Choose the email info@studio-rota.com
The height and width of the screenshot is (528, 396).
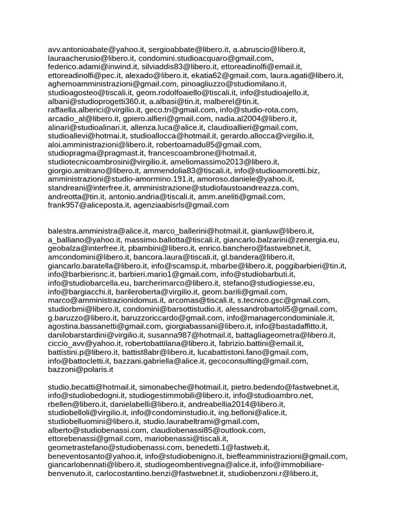tap(258, 110)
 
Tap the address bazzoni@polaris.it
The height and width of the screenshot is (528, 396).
tap(80, 369)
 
